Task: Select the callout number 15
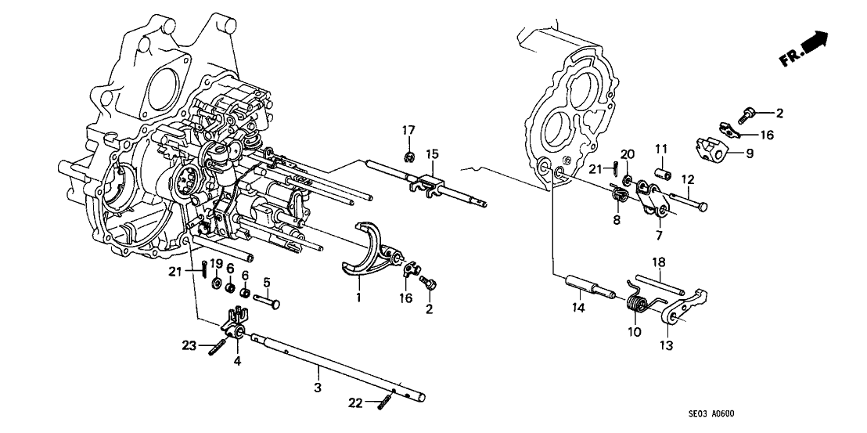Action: pos(432,153)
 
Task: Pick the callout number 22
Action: pos(357,402)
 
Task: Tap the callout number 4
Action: pos(238,361)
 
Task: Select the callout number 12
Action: pos(689,179)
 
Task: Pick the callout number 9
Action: pos(750,154)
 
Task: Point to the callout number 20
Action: pos(627,153)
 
